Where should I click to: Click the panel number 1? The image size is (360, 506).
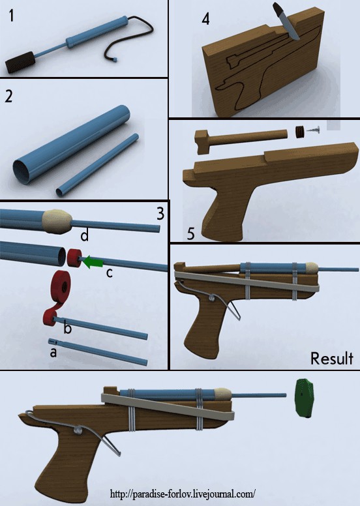(12, 16)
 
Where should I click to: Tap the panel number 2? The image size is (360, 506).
(8, 96)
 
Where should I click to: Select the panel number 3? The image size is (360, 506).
(160, 214)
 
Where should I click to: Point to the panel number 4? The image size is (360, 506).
(205, 19)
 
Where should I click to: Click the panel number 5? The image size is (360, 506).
(191, 233)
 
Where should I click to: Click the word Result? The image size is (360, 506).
(331, 359)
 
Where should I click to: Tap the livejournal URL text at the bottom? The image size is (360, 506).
(183, 494)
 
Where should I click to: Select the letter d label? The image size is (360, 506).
(84, 236)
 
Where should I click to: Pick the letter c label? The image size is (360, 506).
(110, 273)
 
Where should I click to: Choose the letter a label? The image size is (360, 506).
(53, 352)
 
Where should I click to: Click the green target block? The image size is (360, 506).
(305, 398)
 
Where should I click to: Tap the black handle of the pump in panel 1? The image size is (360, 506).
(20, 63)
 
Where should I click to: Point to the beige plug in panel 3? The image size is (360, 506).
(57, 222)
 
